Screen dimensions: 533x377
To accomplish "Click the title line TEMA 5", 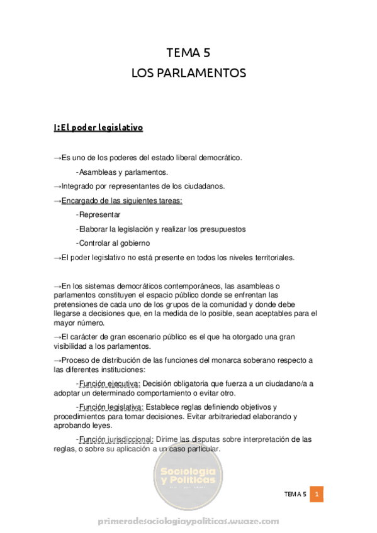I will (188, 53).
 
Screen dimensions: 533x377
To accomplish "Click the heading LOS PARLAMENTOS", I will (188, 73).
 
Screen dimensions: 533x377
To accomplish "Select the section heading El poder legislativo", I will (98, 128).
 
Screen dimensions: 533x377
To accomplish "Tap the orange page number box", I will (318, 495).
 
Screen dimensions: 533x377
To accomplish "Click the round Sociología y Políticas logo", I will (188, 480).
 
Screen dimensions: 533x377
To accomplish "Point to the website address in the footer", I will (188, 522).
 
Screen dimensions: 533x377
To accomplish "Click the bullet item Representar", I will (100, 214).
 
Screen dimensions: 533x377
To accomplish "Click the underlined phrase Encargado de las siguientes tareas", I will (122, 201).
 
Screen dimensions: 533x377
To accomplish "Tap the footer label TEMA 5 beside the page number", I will (295, 495).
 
